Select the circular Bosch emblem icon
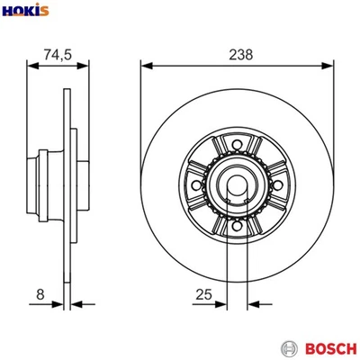coord(288,347)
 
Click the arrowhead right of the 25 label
coord(222,304)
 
